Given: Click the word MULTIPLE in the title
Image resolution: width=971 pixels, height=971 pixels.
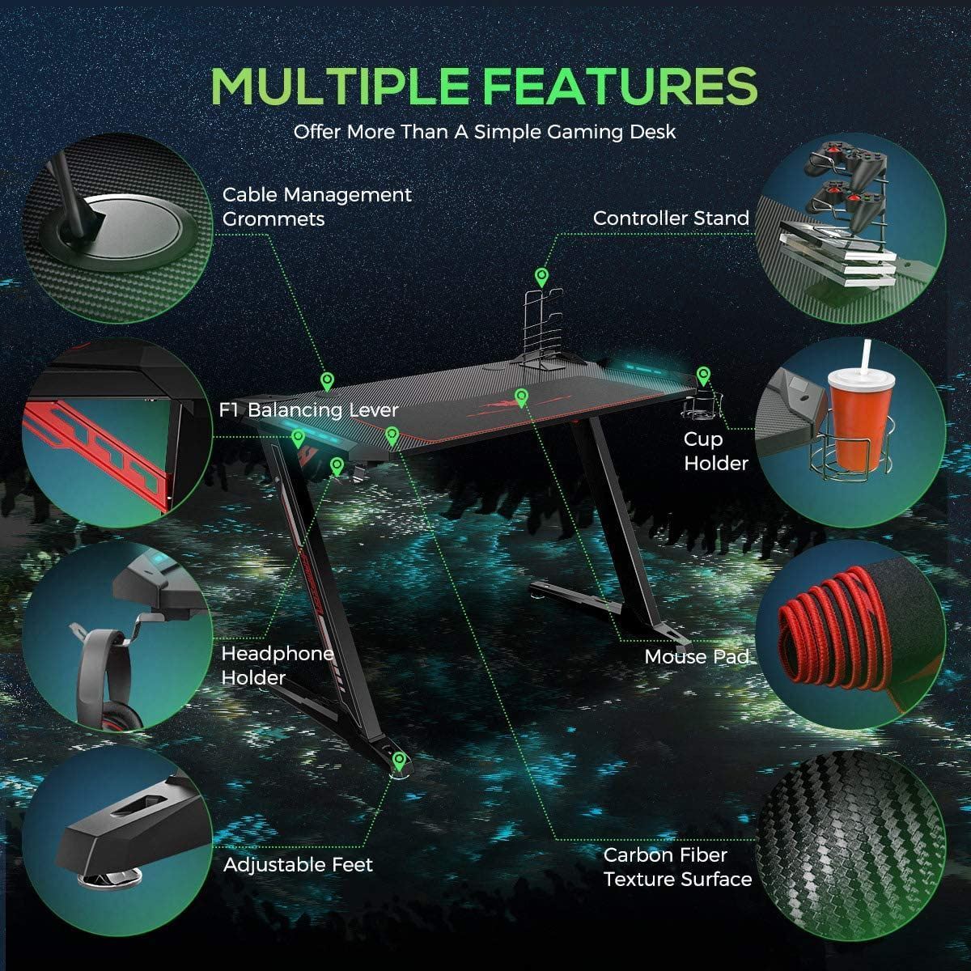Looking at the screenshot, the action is tap(340, 86).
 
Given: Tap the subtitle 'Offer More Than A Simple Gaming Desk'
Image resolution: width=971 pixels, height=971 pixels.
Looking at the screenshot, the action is tap(484, 132).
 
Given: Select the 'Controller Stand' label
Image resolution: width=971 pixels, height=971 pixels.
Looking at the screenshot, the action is tap(671, 218).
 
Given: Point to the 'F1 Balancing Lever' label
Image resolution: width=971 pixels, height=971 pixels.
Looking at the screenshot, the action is tap(309, 409).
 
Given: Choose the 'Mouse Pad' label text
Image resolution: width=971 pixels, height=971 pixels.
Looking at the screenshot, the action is tap(697, 656).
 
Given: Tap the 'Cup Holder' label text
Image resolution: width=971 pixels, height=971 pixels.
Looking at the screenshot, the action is tap(715, 451).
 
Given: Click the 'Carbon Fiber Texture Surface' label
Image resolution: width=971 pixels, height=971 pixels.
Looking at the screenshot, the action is tap(678, 867).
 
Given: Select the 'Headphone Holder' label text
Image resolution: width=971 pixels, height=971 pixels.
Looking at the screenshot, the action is tap(278, 666).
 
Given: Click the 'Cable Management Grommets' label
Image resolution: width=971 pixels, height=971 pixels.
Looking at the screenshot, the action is tap(317, 206).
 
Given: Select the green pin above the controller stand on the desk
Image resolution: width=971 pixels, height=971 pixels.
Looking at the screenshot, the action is tap(541, 278).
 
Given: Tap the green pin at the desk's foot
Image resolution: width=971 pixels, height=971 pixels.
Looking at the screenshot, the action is tap(399, 761).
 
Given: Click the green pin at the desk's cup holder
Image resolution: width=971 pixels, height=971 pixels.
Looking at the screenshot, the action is tap(703, 377).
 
